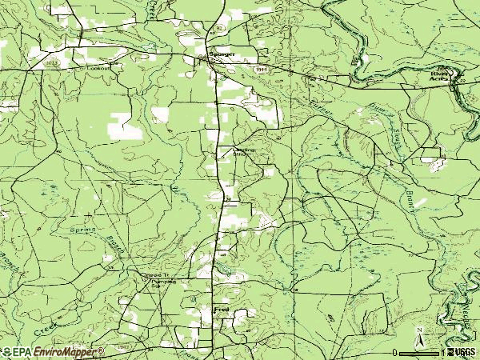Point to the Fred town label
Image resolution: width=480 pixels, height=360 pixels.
point(222,308)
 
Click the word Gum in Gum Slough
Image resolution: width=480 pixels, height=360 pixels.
point(376,109)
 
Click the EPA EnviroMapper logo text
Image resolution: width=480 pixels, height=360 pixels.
point(53,352)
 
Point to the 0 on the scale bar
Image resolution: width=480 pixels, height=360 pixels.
point(395,353)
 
